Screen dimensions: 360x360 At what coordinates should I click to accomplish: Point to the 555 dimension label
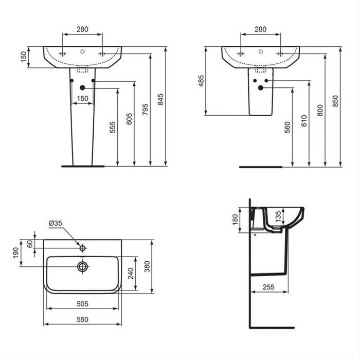point(113,128)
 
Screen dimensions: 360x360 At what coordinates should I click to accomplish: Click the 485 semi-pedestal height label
point(201,81)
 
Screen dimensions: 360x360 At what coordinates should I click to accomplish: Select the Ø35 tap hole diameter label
point(56,223)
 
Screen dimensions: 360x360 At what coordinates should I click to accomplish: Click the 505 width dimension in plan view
point(82,304)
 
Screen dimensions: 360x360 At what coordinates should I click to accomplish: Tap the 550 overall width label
point(82,319)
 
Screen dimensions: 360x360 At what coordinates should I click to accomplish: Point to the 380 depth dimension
point(148,266)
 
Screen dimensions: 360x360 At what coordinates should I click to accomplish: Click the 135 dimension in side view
point(278,215)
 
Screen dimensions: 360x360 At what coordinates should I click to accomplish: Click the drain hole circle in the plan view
point(82,266)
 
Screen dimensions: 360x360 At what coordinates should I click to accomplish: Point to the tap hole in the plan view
point(82,248)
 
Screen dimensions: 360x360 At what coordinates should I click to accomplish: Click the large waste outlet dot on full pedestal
point(82,88)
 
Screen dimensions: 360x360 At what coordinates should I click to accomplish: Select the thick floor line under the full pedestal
point(82,166)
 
